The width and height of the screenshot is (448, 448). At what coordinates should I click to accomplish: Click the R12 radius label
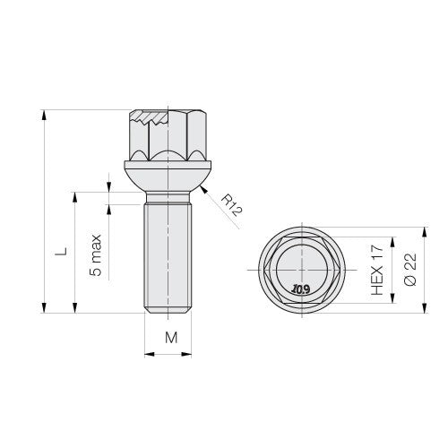click(x=232, y=205)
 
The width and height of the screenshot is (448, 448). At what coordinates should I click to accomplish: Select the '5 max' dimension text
click(x=96, y=255)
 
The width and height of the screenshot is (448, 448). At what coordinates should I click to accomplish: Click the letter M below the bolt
click(x=171, y=338)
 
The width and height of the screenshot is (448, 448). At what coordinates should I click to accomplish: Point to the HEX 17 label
click(x=376, y=270)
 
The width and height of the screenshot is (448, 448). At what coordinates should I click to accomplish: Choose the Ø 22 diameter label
click(x=409, y=270)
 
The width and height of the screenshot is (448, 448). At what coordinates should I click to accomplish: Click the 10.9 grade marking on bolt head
click(x=301, y=289)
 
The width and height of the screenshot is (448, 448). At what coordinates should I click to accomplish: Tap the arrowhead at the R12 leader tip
click(x=203, y=189)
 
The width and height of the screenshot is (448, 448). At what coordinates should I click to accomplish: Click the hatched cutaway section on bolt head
click(x=149, y=116)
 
